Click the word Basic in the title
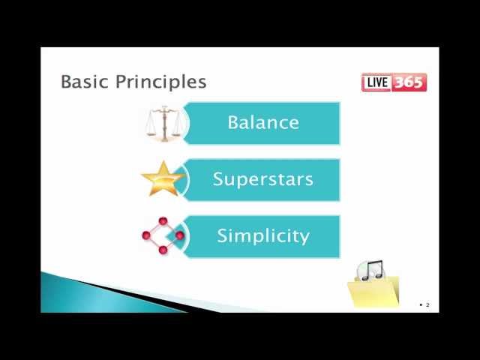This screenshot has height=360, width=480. (x=85, y=81)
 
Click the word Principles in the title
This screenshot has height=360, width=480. (x=160, y=82)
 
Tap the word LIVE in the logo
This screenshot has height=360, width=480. (x=377, y=82)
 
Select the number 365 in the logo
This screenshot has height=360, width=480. (x=409, y=82)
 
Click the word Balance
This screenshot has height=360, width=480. (x=262, y=123)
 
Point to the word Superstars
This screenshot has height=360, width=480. (x=262, y=179)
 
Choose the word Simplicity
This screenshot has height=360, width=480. (x=262, y=235)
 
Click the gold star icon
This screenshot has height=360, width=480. (x=163, y=178)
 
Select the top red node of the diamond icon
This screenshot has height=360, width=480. (x=163, y=221)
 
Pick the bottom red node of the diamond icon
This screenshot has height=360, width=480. (x=163, y=250)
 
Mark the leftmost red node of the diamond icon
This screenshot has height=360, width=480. (x=146, y=235)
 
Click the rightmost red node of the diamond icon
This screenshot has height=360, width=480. (x=180, y=235)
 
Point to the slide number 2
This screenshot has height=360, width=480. (x=427, y=304)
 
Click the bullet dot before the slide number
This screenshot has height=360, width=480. (x=421, y=304)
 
